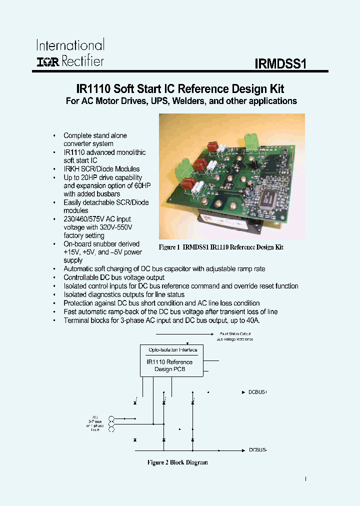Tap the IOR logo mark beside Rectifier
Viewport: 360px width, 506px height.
[47, 61]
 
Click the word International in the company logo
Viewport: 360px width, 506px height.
[70, 45]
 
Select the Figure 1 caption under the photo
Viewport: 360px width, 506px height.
[221, 247]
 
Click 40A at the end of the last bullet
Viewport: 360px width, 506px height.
[252, 320]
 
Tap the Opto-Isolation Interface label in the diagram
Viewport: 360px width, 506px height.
[173, 350]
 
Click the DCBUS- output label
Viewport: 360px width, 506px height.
[258, 449]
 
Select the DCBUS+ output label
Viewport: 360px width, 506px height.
[258, 392]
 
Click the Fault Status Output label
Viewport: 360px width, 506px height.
[234, 333]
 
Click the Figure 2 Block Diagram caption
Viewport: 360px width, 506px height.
[177, 462]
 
